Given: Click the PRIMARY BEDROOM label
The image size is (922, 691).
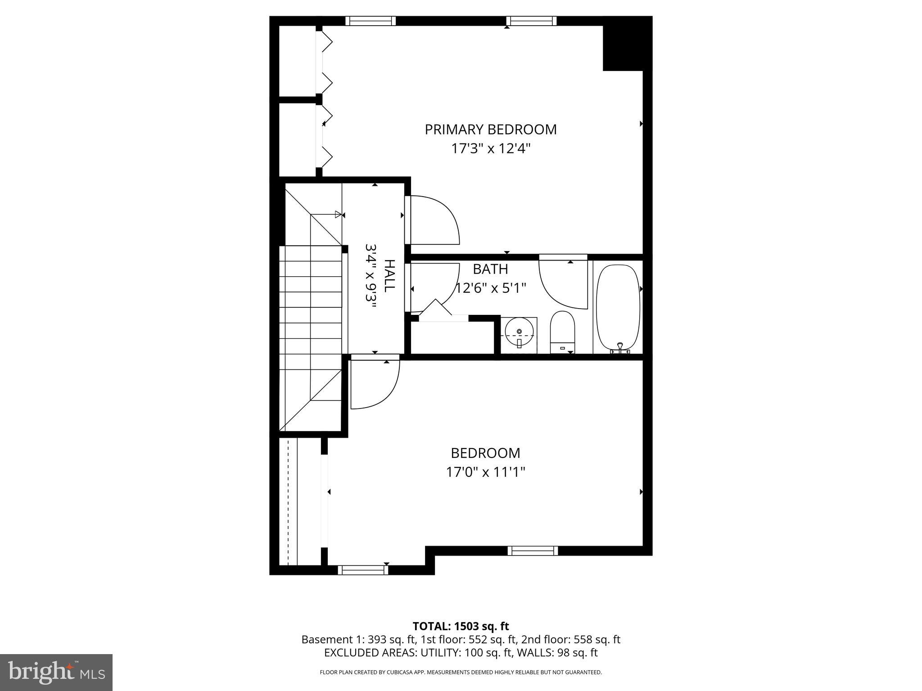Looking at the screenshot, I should point(491,130).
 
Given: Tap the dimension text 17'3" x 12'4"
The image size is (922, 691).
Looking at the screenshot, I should point(491,148).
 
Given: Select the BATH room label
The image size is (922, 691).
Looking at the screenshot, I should point(490,269).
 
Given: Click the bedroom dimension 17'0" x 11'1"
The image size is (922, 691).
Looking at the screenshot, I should point(485,472).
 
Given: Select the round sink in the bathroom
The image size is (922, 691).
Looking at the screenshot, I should point(519,332).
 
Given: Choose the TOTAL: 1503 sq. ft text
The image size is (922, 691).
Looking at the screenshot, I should point(461,626).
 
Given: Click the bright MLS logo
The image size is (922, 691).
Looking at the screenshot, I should point(56,672).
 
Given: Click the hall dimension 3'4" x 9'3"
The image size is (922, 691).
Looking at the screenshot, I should point(371,275).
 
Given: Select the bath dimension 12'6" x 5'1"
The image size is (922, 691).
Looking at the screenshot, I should point(490,288).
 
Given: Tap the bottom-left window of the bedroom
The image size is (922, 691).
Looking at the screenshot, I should point(363,570).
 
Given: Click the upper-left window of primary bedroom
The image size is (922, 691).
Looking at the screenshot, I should point(371,21).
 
